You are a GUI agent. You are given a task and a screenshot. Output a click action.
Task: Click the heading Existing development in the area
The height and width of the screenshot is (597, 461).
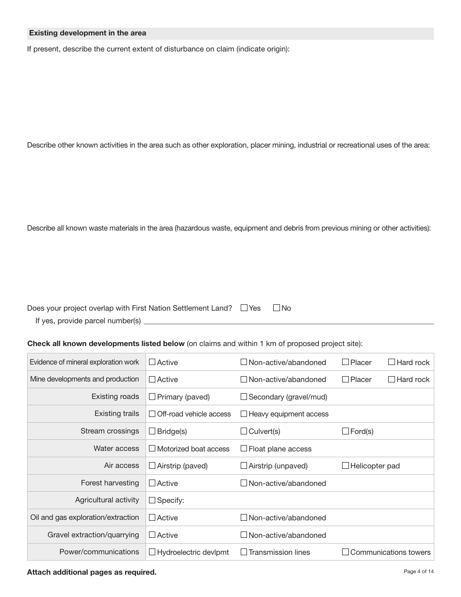pos(87,33)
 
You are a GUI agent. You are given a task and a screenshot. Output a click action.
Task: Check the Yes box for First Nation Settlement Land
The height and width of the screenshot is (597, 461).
pos(244,308)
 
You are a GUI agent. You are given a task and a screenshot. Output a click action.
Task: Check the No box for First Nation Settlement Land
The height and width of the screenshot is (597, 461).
pos(277,308)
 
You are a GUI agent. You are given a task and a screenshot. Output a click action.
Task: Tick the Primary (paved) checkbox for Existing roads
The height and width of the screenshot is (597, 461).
pos(152,397)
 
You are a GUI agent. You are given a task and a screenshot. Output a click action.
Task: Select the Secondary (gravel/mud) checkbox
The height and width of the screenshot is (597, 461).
pos(244,397)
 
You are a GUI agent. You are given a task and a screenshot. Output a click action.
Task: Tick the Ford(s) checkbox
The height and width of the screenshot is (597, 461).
pos(346,431)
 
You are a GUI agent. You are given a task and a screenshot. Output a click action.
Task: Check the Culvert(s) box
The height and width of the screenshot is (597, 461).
pos(244,431)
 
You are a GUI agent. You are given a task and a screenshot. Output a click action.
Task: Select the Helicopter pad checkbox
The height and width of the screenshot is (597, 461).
pos(346,465)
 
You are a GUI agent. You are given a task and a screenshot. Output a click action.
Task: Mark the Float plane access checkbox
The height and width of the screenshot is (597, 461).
pos(244,448)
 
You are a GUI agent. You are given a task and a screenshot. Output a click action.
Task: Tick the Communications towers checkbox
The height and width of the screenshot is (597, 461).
pos(346,552)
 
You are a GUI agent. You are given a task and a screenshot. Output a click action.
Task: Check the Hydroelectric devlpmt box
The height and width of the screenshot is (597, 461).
pos(152,552)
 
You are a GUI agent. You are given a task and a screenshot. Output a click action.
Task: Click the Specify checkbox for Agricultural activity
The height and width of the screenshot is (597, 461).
pos(152,500)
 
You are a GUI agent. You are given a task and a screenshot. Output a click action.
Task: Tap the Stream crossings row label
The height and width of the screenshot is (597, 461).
pos(110,431)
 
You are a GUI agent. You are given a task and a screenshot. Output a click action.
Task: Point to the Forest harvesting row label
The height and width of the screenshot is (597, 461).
pos(110,483)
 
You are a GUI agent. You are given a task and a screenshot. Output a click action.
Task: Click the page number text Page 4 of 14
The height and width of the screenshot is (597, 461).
pos(419,572)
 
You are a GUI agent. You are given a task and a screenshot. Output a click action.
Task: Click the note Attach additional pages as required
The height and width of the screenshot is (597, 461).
pos(92,572)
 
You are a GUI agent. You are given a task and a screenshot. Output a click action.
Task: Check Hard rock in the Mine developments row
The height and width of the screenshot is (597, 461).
pos(391,380)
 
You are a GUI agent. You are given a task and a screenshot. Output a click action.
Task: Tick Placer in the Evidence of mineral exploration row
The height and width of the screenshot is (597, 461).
pos(346,362)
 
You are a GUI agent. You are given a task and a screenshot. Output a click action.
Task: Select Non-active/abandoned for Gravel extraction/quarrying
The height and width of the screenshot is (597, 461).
pos(244,535)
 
